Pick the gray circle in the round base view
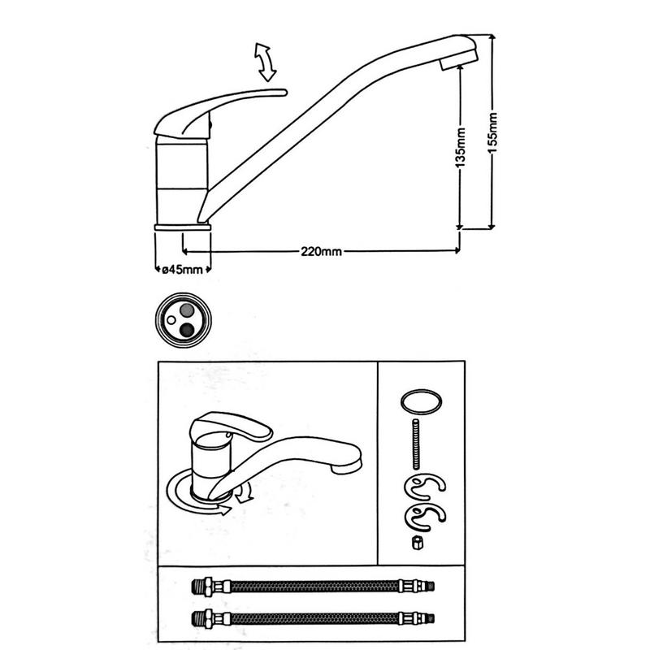click(x=188, y=310)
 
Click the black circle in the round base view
click(x=188, y=328)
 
